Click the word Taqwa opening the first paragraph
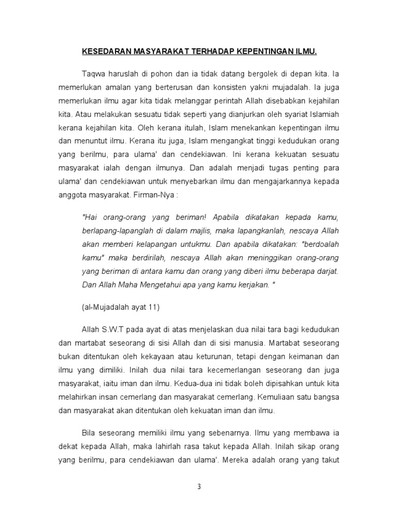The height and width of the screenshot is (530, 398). point(93,73)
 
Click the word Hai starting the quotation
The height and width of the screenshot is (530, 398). point(89,217)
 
